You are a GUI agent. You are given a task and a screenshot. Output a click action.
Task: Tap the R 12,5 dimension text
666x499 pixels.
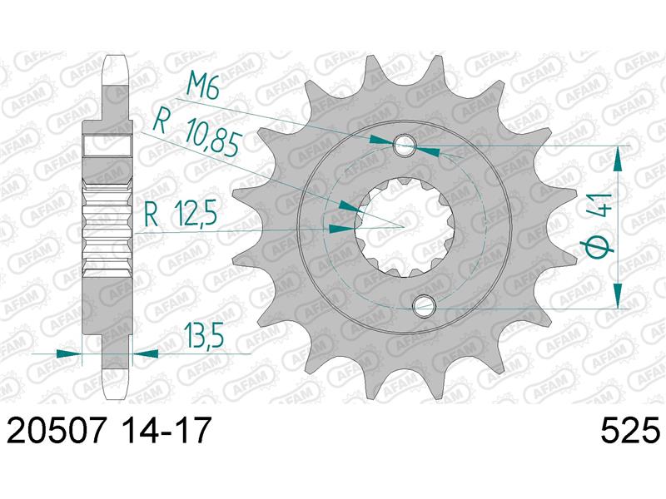coord(181,215)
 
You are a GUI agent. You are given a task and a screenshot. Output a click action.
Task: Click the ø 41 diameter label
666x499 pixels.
coord(598,224)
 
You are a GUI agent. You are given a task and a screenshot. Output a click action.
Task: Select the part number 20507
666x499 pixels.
coord(56,430)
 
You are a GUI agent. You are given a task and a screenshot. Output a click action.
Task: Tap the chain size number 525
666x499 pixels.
coord(630,430)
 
